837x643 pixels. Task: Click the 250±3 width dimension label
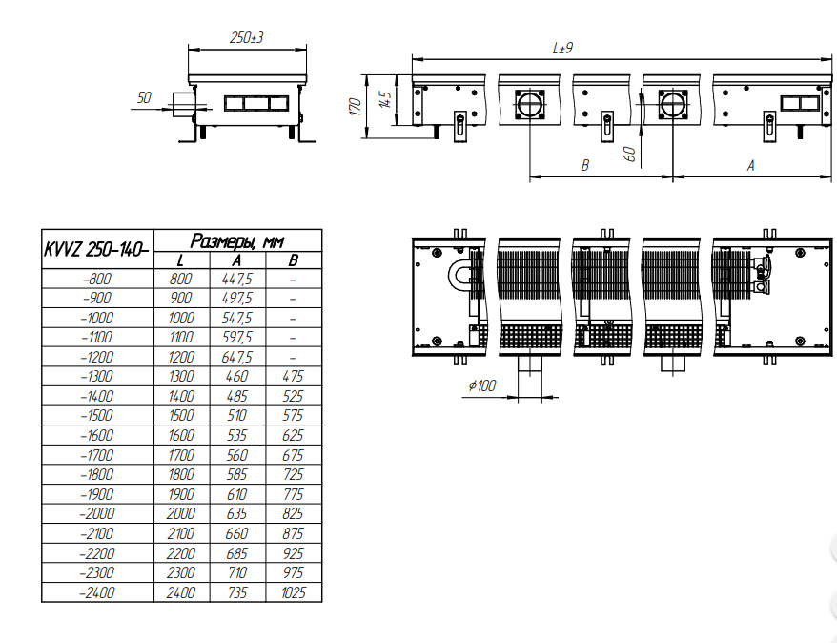click(x=246, y=38)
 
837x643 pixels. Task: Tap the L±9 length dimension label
click(x=562, y=48)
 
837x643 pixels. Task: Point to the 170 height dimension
click(x=356, y=106)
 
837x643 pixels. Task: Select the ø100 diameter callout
click(x=482, y=385)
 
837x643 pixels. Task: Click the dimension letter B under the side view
click(x=585, y=166)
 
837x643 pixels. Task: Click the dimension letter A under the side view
click(x=750, y=166)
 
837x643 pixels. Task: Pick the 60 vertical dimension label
click(x=630, y=155)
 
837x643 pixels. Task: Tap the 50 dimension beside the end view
click(x=144, y=97)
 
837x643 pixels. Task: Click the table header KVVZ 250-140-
click(x=96, y=249)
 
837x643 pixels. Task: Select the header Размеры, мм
click(x=237, y=240)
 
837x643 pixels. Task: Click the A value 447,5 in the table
click(x=237, y=279)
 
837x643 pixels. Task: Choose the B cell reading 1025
click(x=294, y=592)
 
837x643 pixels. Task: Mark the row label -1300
click(x=97, y=376)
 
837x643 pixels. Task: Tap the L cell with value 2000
click(x=181, y=513)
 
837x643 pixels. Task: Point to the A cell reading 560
click(x=237, y=455)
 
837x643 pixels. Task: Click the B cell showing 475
click(x=293, y=376)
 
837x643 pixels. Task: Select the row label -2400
click(x=97, y=592)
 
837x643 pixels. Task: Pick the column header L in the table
click(x=180, y=260)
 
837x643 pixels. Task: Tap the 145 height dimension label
click(x=385, y=99)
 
